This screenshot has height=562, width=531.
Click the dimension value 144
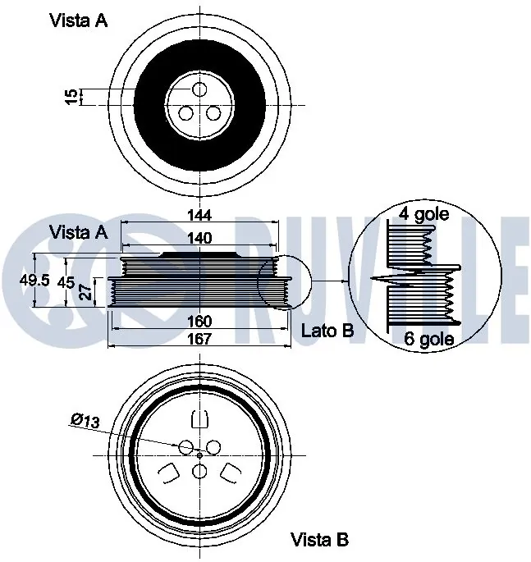(199, 215)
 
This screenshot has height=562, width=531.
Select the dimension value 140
(199, 238)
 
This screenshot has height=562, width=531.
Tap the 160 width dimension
(199, 321)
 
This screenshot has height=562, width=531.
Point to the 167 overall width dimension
(199, 338)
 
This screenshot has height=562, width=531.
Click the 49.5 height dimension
(34, 281)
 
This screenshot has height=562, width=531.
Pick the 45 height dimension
(66, 283)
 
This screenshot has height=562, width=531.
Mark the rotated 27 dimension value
(86, 292)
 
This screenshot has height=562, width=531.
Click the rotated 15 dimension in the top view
(71, 97)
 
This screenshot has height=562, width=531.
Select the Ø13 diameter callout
(85, 421)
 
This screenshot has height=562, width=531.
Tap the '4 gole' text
(423, 214)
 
